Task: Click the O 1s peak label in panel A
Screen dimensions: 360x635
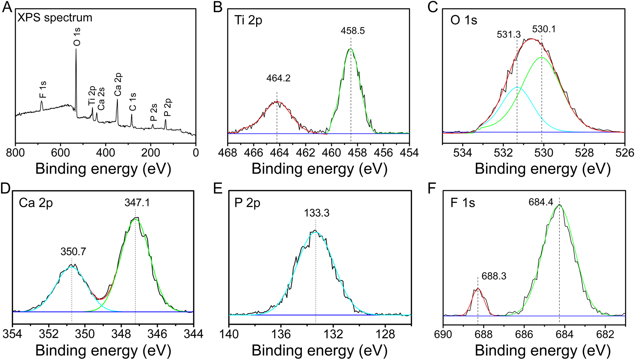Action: [x=77, y=37]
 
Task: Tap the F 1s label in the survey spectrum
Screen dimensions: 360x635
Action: [x=43, y=90]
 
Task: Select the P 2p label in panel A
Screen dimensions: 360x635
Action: [x=168, y=107]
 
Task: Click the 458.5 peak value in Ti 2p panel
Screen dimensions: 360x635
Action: [x=353, y=31]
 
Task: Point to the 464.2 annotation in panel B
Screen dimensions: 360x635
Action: [x=278, y=78]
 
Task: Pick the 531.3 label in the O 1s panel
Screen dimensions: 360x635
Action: [x=509, y=34]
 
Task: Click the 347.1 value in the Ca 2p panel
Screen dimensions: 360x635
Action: [x=137, y=203]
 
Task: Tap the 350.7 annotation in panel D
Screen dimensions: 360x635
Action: [x=73, y=251]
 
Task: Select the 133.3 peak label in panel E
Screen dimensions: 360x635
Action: [x=316, y=213]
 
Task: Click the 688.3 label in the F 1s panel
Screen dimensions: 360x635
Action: [x=494, y=276]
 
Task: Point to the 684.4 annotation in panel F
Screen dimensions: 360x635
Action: [x=541, y=202]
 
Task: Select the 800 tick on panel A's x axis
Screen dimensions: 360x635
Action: [x=15, y=153]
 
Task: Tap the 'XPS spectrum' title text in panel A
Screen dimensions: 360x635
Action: [x=55, y=17]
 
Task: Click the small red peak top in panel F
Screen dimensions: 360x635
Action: [x=478, y=288]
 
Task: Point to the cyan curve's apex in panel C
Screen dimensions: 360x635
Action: [x=517, y=88]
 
